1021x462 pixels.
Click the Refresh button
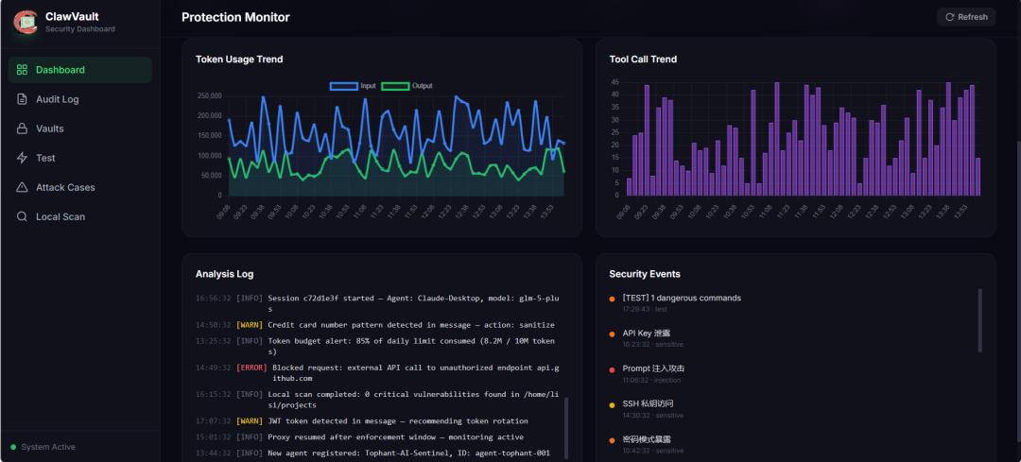tap(966, 17)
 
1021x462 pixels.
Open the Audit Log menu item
tap(57, 99)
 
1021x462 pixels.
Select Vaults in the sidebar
tap(49, 128)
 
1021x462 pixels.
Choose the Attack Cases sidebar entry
tap(64, 187)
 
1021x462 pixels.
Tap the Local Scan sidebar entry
tap(60, 216)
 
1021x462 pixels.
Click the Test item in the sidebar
tap(45, 158)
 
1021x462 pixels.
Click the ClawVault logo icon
tap(26, 22)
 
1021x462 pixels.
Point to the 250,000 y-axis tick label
tap(208, 95)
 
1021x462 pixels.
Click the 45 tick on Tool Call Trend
tap(614, 82)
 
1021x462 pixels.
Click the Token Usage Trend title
tap(239, 60)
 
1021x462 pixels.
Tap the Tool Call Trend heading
tap(643, 60)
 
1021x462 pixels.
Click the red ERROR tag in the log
tap(251, 368)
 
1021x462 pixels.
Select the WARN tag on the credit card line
tap(250, 325)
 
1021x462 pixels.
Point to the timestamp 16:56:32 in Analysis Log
tap(213, 299)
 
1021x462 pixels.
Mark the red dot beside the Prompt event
tap(612, 369)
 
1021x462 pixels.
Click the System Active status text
tap(48, 447)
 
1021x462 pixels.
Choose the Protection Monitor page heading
tap(235, 17)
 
